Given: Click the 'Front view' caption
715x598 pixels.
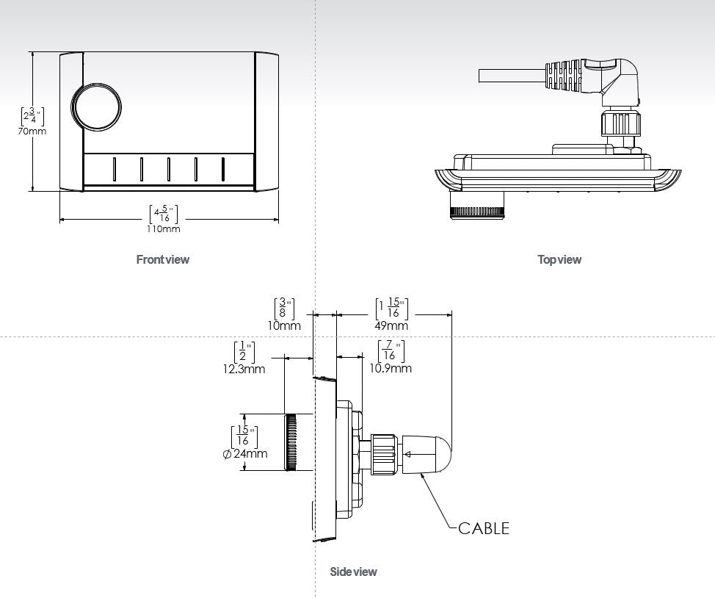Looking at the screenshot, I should tap(162, 259).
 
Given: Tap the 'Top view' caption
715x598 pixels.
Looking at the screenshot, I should tap(559, 259).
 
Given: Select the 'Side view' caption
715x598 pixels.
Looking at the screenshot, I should tap(353, 572).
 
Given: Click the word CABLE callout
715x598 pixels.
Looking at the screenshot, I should tap(483, 528).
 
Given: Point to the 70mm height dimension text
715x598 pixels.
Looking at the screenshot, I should tap(32, 132).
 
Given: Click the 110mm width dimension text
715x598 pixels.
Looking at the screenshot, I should tap(163, 228).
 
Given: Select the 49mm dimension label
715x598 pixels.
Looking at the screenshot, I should tap(391, 325).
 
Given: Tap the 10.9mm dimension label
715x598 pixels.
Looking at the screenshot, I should tap(391, 368).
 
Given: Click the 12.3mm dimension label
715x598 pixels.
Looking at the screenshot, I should tap(244, 369).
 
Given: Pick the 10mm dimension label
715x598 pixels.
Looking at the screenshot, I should tap(284, 325).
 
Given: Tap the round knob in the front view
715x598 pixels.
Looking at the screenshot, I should tap(96, 107).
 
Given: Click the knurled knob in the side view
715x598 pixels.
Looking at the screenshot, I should tap(291, 442).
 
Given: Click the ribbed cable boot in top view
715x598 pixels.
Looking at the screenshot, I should tap(566, 75).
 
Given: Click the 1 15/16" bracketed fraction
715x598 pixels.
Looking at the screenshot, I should tap(391, 309).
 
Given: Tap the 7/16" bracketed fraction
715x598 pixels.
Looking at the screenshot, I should tap(391, 351).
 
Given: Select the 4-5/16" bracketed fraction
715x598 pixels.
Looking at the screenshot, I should tap(163, 214).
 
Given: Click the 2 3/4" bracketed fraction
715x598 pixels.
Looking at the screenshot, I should tap(32, 116).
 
